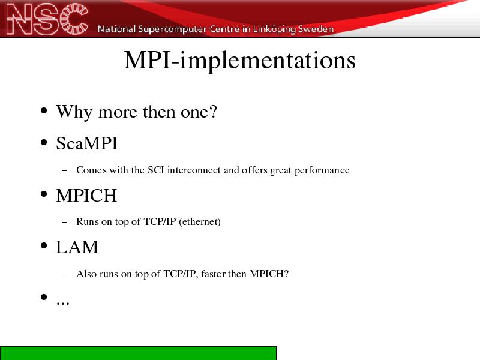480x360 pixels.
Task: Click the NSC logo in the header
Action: [x=47, y=19]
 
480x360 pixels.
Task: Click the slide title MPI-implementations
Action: [x=239, y=61]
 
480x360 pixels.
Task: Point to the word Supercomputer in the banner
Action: [x=172, y=29]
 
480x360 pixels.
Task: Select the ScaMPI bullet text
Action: [x=87, y=143]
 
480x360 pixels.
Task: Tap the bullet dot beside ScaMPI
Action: [x=44, y=142]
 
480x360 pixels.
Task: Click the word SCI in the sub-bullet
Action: [x=156, y=170]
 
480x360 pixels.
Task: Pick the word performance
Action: [x=322, y=170]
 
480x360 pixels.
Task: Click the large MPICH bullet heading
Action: [x=86, y=196]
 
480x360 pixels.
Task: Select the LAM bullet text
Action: [x=77, y=247]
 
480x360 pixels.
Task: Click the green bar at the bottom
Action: [x=138, y=353]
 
